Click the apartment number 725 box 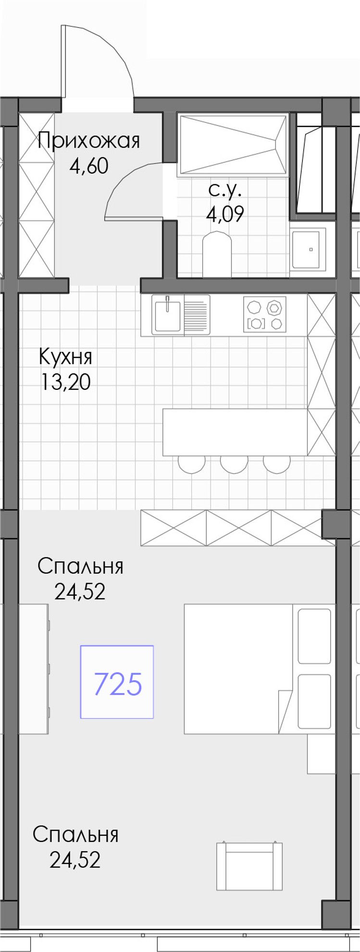[x=117, y=682]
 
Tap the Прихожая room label [x=89, y=141]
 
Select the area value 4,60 [x=89, y=166]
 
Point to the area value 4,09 [x=225, y=214]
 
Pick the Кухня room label [x=65, y=357]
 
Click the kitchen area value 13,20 [x=65, y=382]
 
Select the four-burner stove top [x=265, y=314]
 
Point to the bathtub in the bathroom [x=233, y=144]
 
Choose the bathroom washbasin [x=306, y=250]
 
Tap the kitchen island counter [x=235, y=432]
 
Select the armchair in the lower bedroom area [x=249, y=866]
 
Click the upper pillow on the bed [x=314, y=636]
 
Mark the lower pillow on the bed [x=314, y=701]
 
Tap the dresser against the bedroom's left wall [x=34, y=669]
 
